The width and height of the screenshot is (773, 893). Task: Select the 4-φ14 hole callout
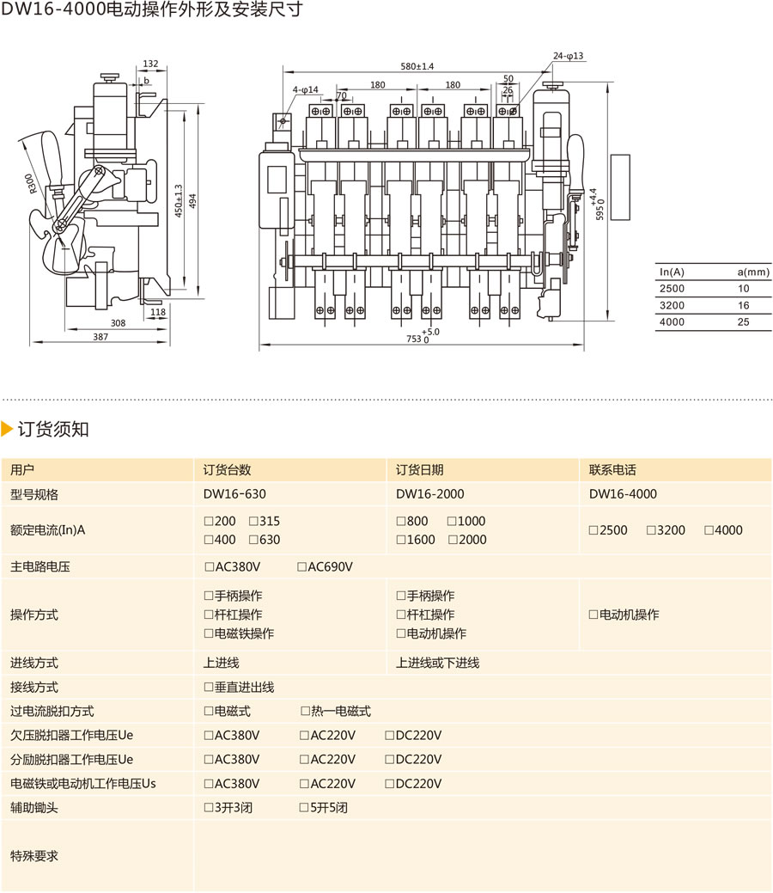[305, 89]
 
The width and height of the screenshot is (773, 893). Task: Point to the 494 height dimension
[193, 199]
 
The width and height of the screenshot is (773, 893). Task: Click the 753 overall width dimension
[420, 339]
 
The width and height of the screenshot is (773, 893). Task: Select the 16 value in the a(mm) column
[743, 305]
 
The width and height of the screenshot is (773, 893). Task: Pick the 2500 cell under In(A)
[673, 289]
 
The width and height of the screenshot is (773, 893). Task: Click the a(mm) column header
[753, 272]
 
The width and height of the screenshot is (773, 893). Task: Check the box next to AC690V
[301, 567]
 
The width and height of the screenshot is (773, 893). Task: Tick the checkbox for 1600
[401, 540]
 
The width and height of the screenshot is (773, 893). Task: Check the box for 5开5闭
[304, 808]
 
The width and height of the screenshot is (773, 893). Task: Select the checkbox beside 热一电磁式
[305, 712]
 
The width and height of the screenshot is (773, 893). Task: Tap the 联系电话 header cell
[612, 470]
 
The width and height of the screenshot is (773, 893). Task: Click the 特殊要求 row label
[34, 856]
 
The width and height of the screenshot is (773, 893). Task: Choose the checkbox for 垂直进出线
[208, 688]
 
